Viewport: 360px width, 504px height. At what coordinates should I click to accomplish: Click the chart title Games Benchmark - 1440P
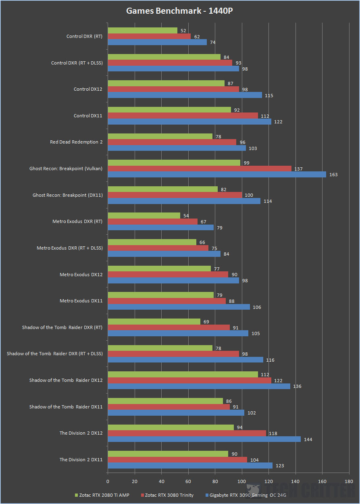pos(179,11)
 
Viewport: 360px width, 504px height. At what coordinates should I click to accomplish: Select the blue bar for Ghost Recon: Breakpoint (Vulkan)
pos(217,175)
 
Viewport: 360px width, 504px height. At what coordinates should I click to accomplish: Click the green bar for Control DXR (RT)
pos(142,31)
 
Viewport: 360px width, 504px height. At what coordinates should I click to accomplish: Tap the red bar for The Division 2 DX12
pos(187,433)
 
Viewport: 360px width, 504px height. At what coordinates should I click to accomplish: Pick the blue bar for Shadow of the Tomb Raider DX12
pos(199,386)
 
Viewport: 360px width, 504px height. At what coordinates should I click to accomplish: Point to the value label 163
pos(333,175)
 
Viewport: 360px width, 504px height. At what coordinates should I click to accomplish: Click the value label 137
pos(298,169)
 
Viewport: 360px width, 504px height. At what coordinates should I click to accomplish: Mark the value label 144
pos(308,439)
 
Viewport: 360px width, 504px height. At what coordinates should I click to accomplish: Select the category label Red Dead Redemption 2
pos(76,142)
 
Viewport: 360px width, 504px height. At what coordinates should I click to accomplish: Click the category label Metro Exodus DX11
pos(81,301)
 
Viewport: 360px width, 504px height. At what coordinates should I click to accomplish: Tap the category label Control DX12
pos(88,89)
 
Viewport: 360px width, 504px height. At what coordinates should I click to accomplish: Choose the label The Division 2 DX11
pos(81,460)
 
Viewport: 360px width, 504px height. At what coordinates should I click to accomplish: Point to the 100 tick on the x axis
pos(242,481)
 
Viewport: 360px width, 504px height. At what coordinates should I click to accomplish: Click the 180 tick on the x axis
pos(349,481)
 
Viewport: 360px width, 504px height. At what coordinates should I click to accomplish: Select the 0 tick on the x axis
pos(108,481)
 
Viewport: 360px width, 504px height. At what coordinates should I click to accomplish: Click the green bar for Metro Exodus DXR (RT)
pos(144,216)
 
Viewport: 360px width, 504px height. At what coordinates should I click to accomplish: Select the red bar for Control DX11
pos(183,116)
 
